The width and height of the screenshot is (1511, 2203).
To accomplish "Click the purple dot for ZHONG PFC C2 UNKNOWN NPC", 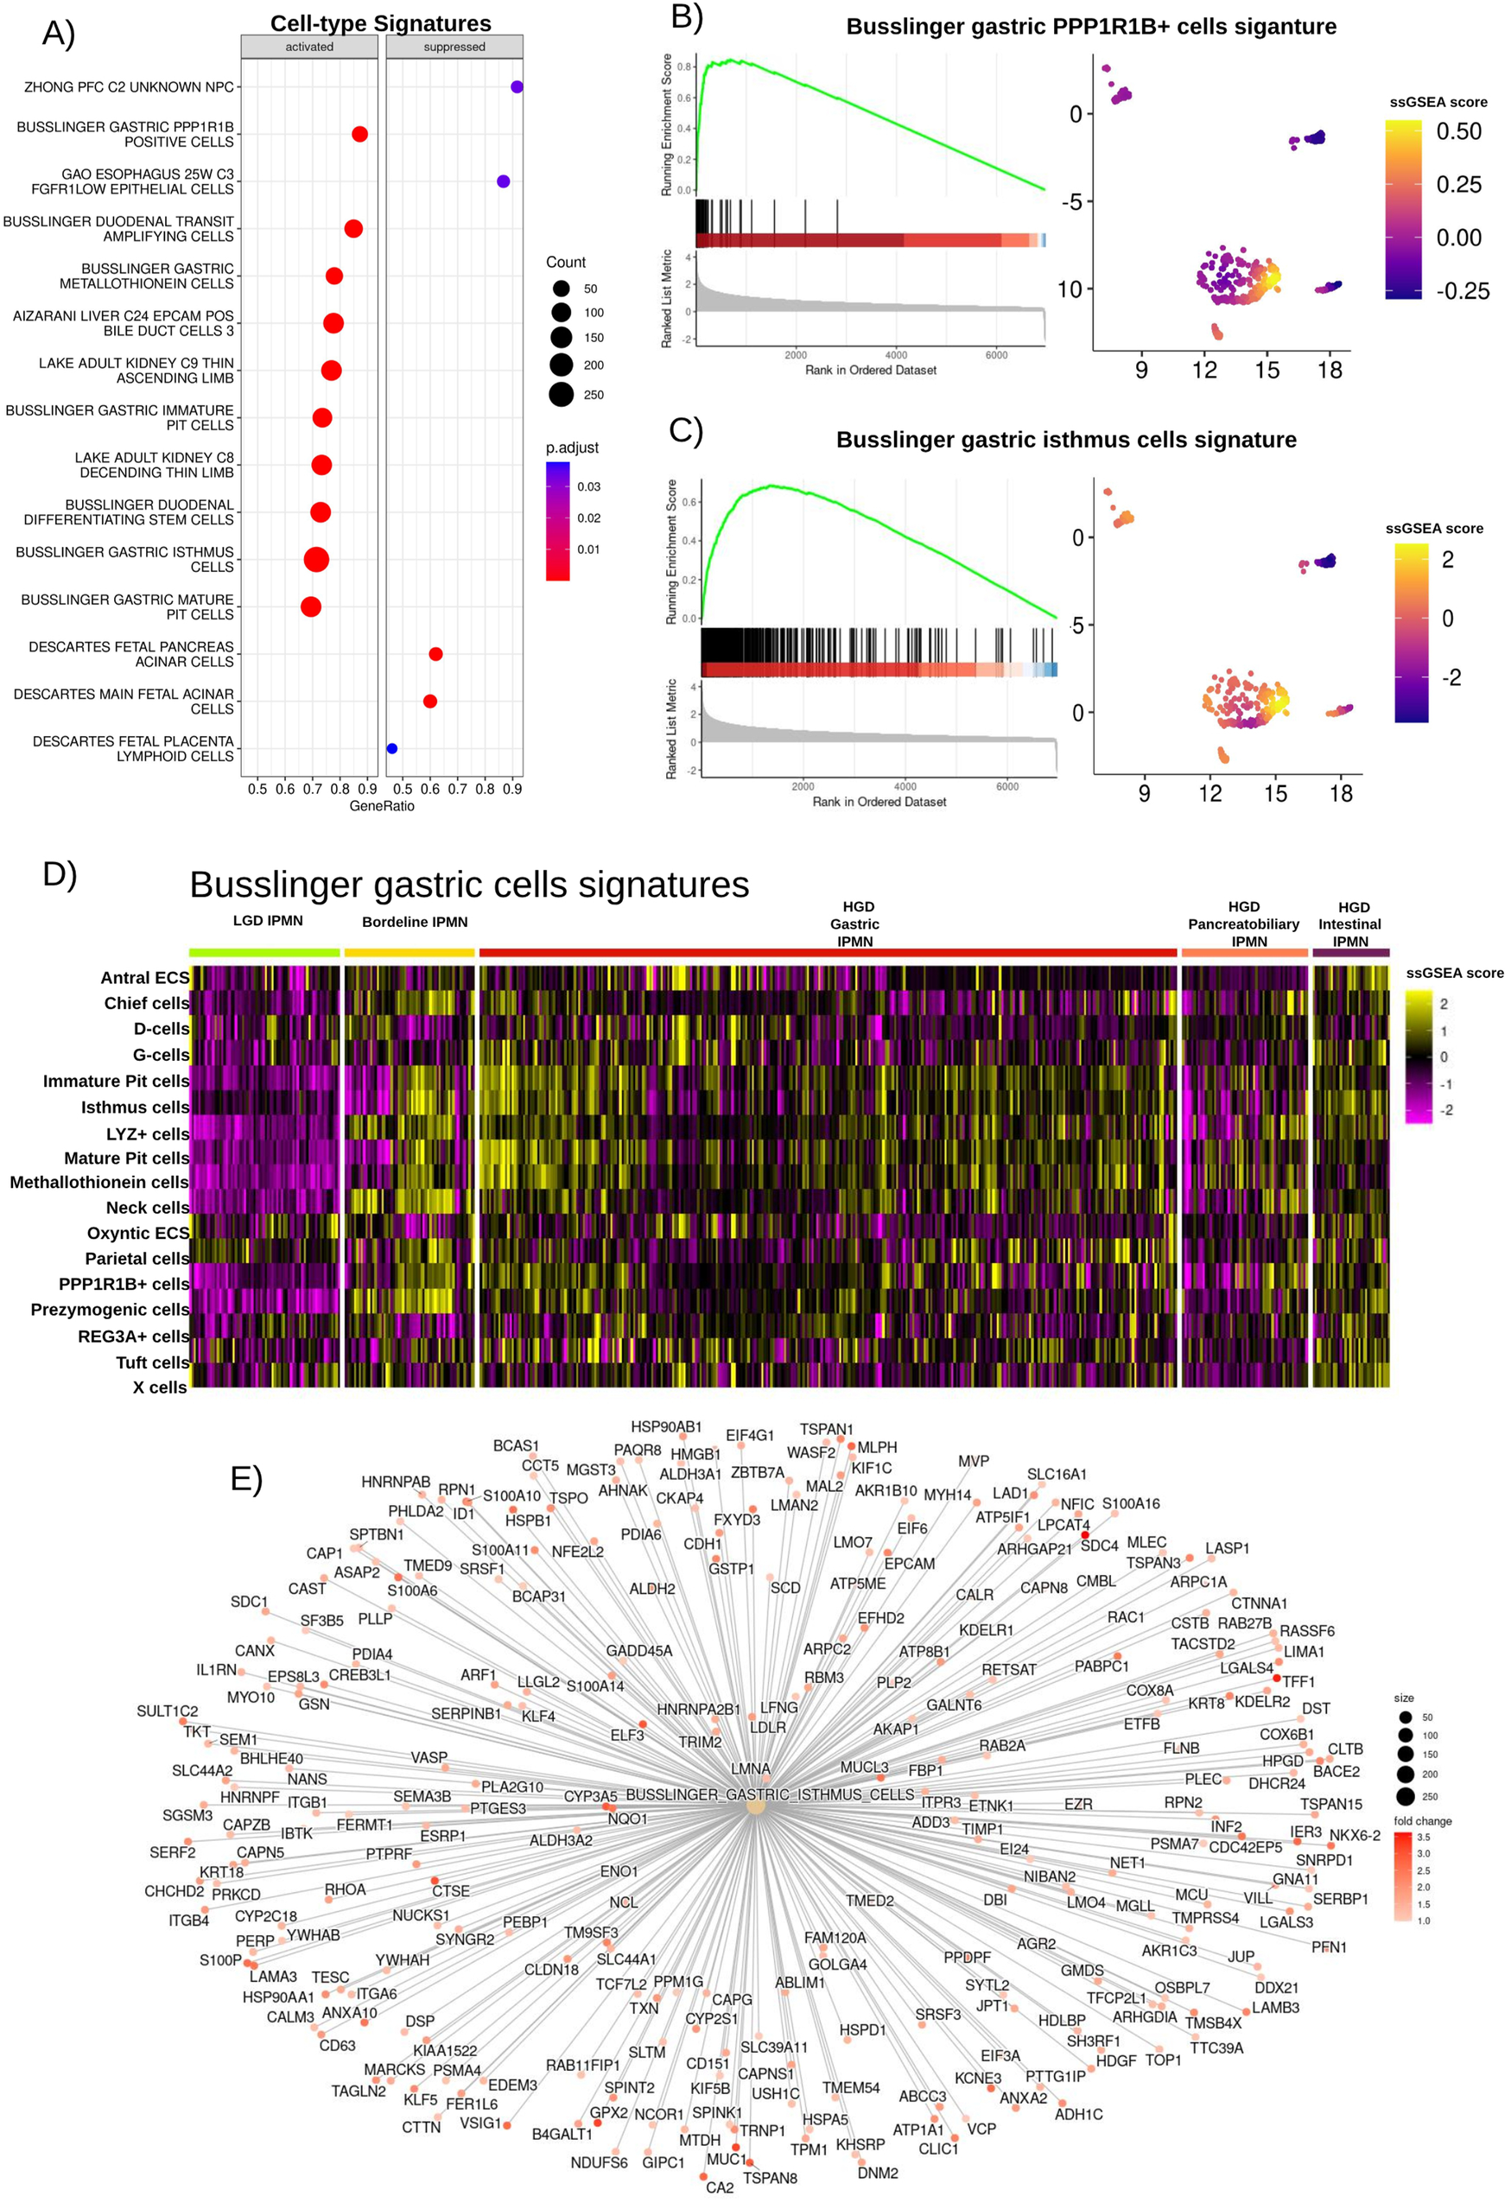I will tap(517, 87).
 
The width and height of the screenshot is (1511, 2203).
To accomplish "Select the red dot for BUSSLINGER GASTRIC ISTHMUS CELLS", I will tap(316, 559).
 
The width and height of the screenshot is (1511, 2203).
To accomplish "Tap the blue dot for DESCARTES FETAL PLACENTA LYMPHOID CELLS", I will tap(392, 749).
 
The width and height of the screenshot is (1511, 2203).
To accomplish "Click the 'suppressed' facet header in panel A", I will tap(454, 47).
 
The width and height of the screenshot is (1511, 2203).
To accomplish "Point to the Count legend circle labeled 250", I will tap(562, 394).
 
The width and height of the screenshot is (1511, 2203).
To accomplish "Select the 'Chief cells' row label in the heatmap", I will tap(146, 1003).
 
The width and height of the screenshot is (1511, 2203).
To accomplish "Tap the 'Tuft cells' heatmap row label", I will tap(152, 1362).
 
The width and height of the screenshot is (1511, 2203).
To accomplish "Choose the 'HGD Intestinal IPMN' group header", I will tap(1351, 924).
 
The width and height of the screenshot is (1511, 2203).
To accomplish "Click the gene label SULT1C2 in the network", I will tap(167, 1711).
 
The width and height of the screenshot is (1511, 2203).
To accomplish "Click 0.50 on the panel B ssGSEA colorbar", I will tap(1458, 132).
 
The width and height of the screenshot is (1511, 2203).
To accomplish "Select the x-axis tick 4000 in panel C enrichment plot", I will tap(905, 786).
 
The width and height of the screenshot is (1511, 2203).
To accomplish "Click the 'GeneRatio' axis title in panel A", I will tap(381, 806).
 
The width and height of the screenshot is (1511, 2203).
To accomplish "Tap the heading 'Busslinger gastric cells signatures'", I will tap(469, 885).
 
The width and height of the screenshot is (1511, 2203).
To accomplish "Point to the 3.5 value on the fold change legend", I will tap(1423, 1837).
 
